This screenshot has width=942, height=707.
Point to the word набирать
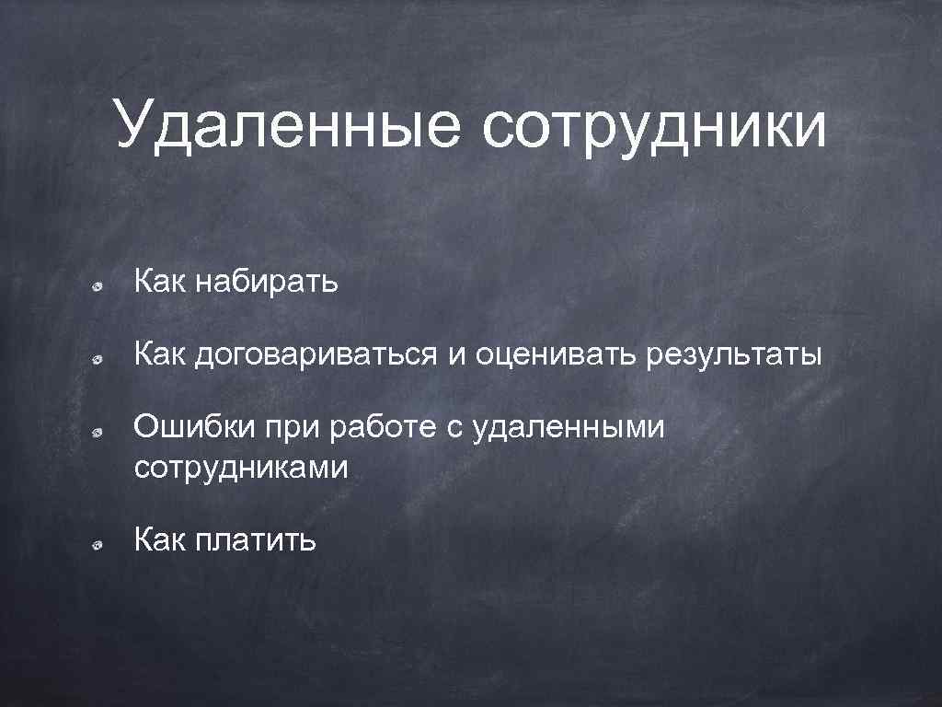(267, 282)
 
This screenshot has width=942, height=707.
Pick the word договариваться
(316, 354)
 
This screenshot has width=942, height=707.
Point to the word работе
(376, 426)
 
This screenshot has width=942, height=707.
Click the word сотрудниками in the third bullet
(241, 468)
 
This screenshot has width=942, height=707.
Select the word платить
(256, 540)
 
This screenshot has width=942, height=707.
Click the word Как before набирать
(160, 282)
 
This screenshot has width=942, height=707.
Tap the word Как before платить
(160, 539)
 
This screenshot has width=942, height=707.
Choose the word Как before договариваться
(160, 353)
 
